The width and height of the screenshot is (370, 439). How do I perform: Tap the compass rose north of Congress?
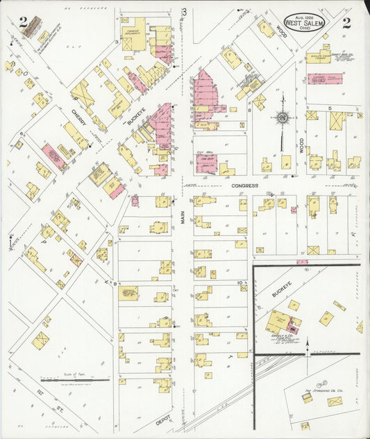click(283, 118)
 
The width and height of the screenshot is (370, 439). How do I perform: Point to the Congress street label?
click(245, 186)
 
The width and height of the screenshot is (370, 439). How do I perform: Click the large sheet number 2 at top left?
click(24, 24)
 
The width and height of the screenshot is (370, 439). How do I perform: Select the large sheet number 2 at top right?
click(346, 22)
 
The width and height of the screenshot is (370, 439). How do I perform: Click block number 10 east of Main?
click(240, 282)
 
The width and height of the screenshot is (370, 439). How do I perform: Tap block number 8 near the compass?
click(249, 110)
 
